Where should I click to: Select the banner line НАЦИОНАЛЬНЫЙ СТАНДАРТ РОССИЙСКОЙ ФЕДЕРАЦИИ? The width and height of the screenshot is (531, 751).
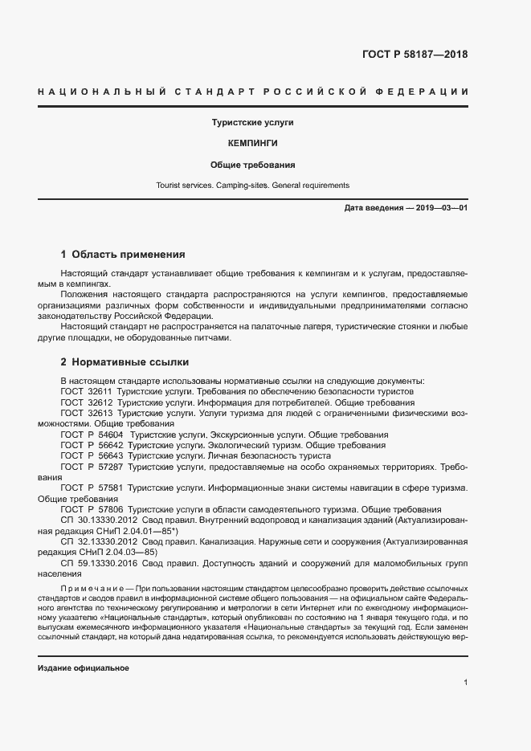point(253,92)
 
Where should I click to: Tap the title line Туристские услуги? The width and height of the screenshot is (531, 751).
point(253,124)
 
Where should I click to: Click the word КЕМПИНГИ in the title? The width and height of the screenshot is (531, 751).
point(253,145)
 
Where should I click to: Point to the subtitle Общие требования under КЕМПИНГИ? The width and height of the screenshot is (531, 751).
point(253,165)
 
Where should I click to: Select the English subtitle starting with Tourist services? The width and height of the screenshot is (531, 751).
point(253,185)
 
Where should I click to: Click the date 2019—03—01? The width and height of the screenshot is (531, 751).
point(441,208)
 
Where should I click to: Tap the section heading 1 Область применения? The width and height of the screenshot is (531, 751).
point(123,255)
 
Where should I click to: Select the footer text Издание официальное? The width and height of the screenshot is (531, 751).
point(83,668)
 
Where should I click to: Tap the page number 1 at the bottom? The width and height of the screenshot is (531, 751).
point(465,683)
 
